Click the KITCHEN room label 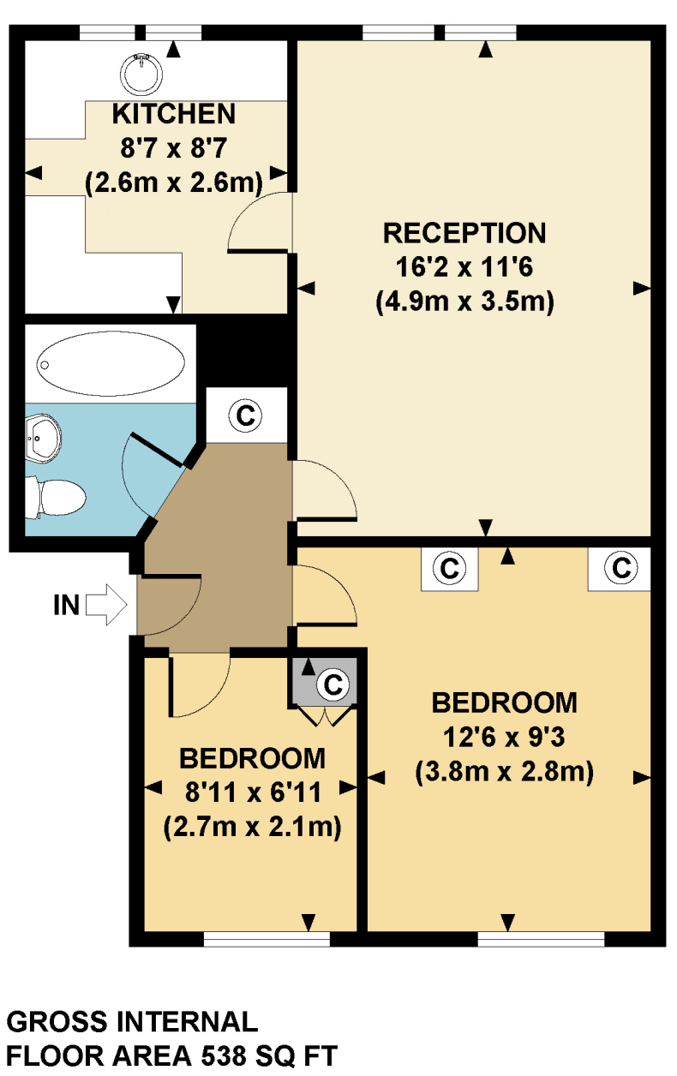tap(175, 113)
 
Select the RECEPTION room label tap(464, 233)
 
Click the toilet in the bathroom tap(57, 497)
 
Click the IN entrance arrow tap(107, 605)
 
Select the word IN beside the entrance tap(66, 605)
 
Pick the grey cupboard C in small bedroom tap(333, 684)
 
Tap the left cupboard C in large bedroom tap(448, 568)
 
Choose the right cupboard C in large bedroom tap(620, 568)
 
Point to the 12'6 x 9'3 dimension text tap(504, 738)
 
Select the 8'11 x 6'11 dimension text tap(253, 792)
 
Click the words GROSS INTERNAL tap(132, 1021)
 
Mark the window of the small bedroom tap(267, 940)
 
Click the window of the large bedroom tap(541, 940)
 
